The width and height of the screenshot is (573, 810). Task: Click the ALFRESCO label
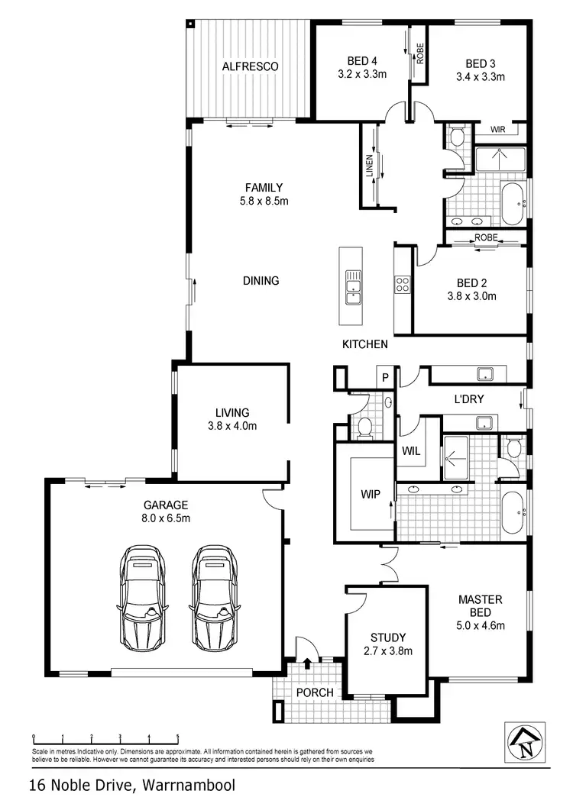pos(250,66)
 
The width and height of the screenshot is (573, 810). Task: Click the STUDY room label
pos(387,637)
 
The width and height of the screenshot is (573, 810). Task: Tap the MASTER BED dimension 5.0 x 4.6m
pos(479,626)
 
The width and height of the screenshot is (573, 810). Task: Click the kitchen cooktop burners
pos(403,285)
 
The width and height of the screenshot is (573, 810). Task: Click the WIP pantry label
pos(371,494)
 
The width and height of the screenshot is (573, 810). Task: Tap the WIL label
pos(410,451)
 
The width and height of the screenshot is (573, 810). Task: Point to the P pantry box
pos(386,377)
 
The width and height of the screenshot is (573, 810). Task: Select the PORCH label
pos(315,692)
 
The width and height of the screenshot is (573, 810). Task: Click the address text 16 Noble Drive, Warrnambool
pos(131,785)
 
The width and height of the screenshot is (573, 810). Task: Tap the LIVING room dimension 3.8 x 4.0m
pos(231,426)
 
